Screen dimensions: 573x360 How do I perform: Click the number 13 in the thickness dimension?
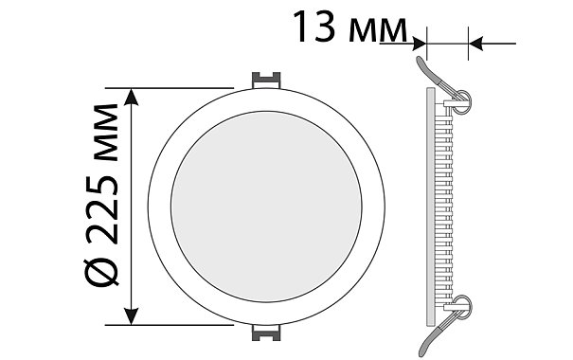point(313,27)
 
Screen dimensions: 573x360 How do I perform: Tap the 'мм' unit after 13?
point(378,30)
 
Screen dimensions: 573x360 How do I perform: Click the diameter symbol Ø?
point(101,272)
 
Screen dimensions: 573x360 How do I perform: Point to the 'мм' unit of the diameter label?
point(107,133)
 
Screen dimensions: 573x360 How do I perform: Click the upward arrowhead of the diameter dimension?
point(132,97)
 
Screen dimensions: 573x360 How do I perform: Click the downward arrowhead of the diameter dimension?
point(132,316)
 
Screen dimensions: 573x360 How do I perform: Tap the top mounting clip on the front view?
point(266,80)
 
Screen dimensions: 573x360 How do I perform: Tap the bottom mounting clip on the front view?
point(266,333)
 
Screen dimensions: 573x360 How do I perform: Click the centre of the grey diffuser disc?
point(266,207)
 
